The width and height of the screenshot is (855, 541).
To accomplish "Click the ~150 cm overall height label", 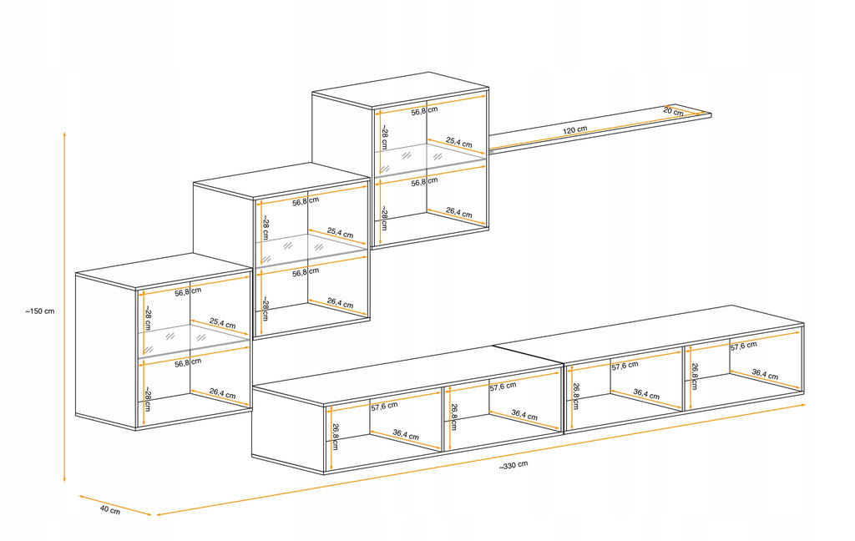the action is pyautogui.click(x=40, y=311).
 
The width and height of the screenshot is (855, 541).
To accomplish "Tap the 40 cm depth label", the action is pyautogui.click(x=110, y=510).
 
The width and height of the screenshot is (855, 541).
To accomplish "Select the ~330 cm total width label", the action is pyautogui.click(x=514, y=465).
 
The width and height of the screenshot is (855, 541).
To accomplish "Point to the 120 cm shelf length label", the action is pyautogui.click(x=574, y=131).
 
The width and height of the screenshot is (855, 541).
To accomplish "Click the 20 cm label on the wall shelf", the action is pyautogui.click(x=674, y=111).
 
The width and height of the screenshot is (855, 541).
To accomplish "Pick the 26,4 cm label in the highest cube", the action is pyautogui.click(x=459, y=212).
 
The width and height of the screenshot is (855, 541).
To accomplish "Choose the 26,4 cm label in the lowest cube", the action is pyautogui.click(x=222, y=393).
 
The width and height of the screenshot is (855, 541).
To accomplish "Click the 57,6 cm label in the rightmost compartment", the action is pyautogui.click(x=744, y=346).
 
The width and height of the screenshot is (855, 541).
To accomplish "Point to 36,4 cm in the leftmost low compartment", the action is pyautogui.click(x=406, y=435).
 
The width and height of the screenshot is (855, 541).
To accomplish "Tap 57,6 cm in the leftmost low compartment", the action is pyautogui.click(x=384, y=407).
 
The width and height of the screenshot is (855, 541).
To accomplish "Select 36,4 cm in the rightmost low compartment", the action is pyautogui.click(x=765, y=375).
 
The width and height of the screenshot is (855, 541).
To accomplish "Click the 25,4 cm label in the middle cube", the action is pyautogui.click(x=341, y=233).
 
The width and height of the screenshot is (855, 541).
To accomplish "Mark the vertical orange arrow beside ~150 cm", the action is pyautogui.click(x=64, y=306).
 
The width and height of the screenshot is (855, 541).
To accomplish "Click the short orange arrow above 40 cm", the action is pyautogui.click(x=115, y=505).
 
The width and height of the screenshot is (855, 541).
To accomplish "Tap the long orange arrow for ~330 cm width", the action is pyautogui.click(x=481, y=459).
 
